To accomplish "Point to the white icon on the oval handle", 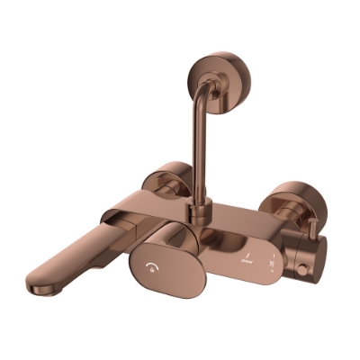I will pos(148,267).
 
